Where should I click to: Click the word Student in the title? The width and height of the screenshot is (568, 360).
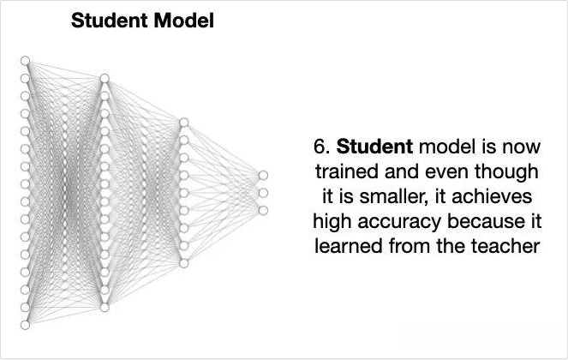click(107, 21)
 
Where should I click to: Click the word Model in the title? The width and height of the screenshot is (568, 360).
click(181, 21)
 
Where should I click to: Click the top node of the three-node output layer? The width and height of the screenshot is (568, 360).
click(262, 176)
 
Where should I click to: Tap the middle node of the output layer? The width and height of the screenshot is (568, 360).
click(262, 193)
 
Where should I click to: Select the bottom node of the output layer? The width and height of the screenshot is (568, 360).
click(262, 210)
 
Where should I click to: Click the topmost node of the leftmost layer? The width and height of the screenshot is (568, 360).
click(26, 61)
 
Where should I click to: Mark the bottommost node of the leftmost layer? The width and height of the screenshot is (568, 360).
click(26, 324)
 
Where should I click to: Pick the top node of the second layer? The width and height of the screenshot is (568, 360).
click(105, 79)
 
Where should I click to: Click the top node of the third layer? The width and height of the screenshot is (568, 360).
click(183, 123)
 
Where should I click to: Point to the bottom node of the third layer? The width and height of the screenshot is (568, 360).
click(183, 263)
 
